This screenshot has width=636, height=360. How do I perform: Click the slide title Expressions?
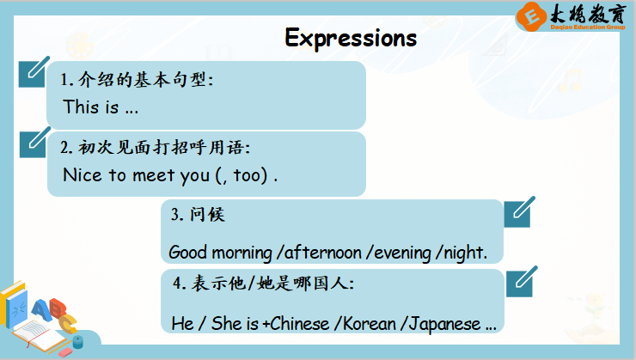351,39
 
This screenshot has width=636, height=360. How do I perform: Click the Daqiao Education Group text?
588,27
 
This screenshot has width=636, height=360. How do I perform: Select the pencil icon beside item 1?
34,72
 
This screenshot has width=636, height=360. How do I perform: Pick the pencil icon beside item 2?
35,143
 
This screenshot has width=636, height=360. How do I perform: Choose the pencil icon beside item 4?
522,282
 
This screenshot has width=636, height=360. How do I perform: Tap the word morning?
242,253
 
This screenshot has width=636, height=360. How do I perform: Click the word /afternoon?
319,253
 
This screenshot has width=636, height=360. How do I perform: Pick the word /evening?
398,253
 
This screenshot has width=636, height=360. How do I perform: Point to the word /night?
462,253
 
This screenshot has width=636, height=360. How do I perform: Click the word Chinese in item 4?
299,324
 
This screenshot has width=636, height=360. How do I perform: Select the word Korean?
365,324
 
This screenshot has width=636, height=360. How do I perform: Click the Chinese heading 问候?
207,215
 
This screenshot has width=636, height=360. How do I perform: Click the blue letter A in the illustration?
41,310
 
